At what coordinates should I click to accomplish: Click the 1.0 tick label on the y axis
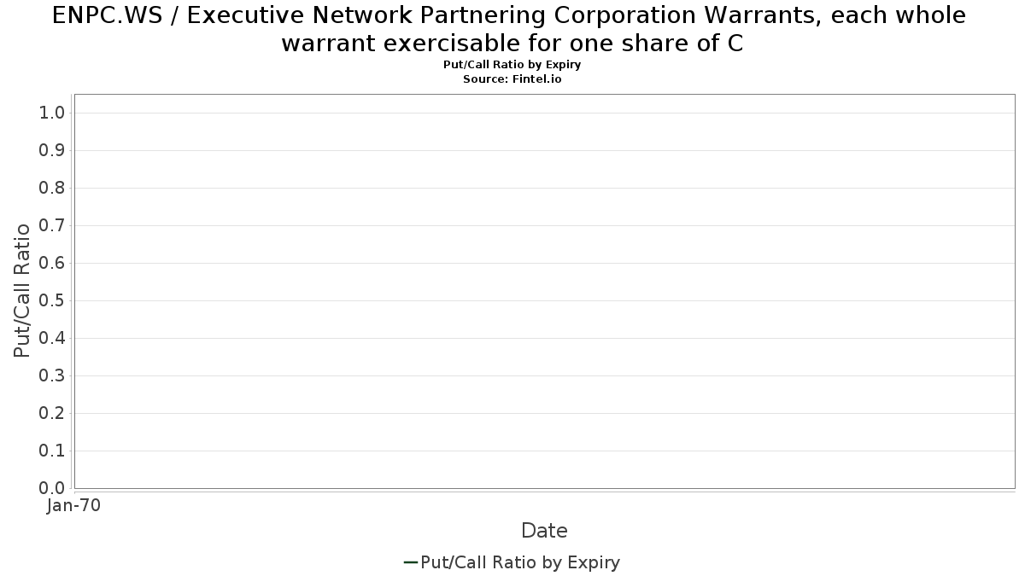pos(51,113)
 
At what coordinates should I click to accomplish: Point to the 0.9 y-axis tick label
pos(51,150)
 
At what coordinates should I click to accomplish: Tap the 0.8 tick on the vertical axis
pos(51,188)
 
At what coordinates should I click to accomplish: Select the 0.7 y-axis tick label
pos(51,225)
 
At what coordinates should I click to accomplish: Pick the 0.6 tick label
pos(51,263)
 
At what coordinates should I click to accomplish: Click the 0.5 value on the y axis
pos(51,300)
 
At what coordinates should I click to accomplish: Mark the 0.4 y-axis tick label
pos(51,338)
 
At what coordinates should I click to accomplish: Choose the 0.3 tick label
pos(51,375)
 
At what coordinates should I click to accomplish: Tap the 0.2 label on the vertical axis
pos(51,413)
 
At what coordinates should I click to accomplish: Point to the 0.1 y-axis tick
pos(51,451)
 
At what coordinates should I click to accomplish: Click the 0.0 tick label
pos(51,488)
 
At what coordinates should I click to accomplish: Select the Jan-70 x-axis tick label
pos(73,505)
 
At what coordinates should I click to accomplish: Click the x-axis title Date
pos(544,531)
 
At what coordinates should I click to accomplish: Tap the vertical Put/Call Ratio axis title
pos(21,291)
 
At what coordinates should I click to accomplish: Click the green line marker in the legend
pos(411,562)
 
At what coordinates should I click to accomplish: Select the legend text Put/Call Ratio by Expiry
pos(520,562)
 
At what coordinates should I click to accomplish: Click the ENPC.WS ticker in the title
pos(108,15)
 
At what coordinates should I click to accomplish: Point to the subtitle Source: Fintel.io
pos(512,79)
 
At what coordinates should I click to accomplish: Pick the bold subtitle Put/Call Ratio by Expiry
pos(512,65)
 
